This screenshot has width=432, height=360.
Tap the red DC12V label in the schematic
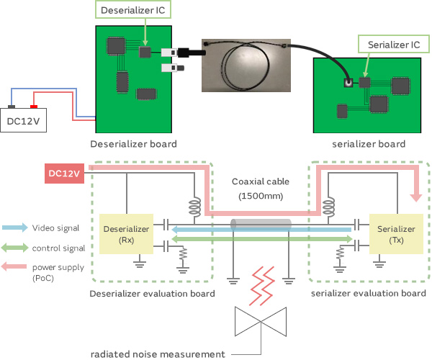(x=64, y=174)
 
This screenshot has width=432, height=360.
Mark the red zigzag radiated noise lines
(x=260, y=285)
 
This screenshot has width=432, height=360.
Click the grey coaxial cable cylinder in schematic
(x=261, y=225)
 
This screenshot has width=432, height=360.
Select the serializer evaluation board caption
(x=368, y=294)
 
